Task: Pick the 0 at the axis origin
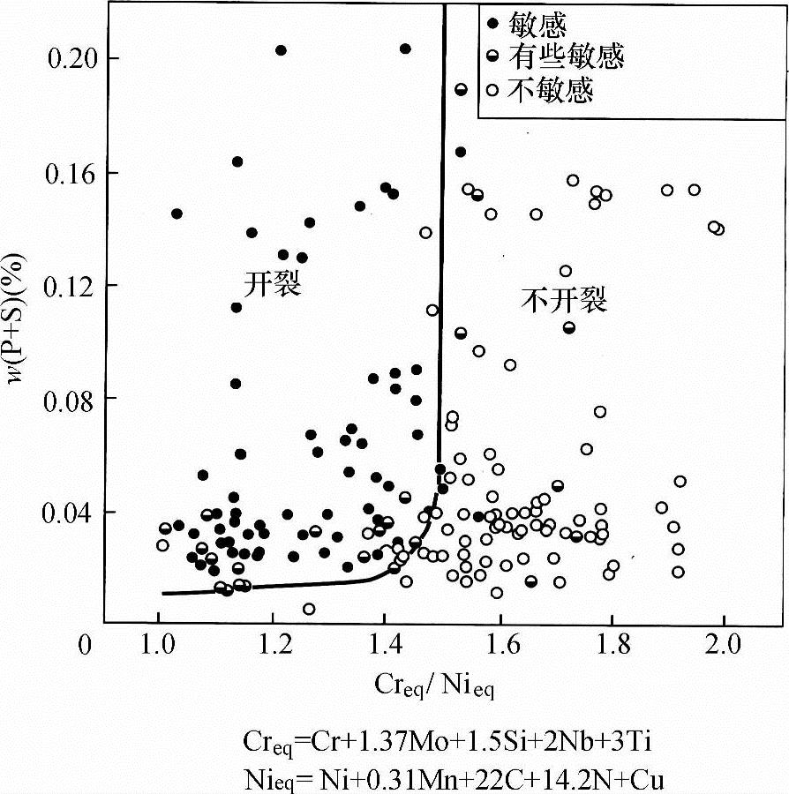coord(86,646)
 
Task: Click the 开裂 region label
coord(273,284)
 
